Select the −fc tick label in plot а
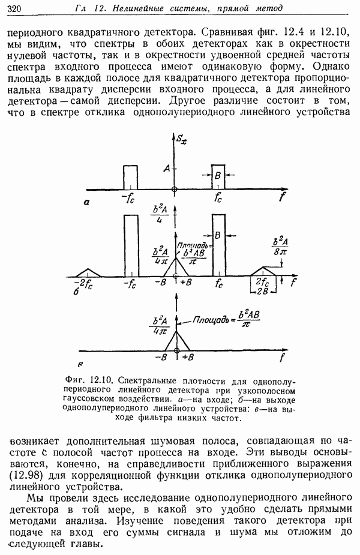129,198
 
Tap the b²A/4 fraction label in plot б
160,214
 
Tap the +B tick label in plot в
187,358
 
